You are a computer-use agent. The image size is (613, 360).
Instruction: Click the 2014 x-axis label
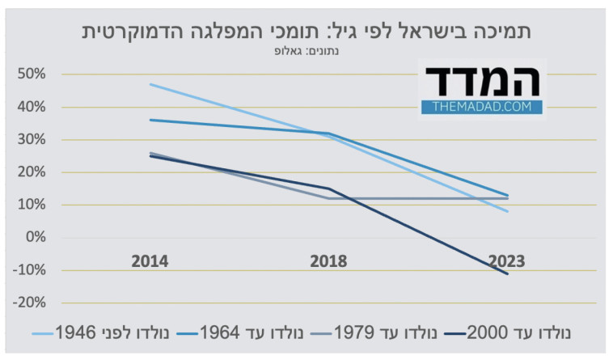coord(150,261)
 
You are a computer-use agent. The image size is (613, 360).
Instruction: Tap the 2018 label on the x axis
coord(328,261)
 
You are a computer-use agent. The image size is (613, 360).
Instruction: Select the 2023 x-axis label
coord(506,261)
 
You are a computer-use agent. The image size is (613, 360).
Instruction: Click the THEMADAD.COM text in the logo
coord(482,106)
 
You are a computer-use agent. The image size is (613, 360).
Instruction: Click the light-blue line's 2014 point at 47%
coord(151,84)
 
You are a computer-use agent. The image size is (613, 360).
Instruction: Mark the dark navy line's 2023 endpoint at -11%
coord(507,273)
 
